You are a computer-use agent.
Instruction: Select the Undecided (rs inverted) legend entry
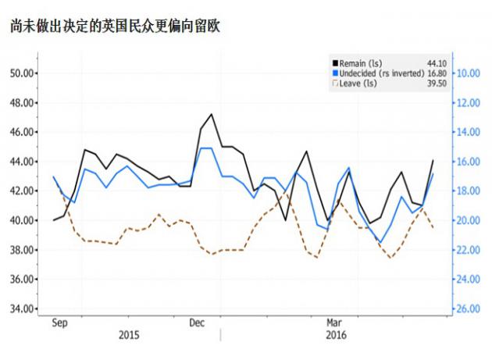[381, 73]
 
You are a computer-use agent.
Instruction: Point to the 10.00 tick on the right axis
[466, 73]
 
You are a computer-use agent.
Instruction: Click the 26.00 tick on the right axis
[466, 308]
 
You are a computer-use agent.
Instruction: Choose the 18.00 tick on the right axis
[466, 191]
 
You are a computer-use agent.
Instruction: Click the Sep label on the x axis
[58, 322]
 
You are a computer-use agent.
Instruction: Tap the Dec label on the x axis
[197, 322]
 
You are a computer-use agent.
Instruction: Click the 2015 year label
[129, 335]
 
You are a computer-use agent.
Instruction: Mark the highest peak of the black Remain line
[212, 114]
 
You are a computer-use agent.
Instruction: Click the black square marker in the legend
[334, 63]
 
